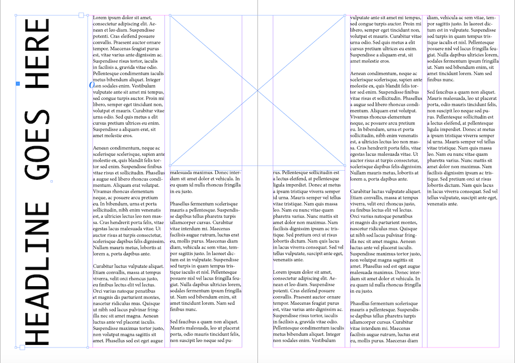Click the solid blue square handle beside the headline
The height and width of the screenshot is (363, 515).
(18, 83)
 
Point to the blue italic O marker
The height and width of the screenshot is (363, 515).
(92, 85)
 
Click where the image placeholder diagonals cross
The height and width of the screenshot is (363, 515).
(257, 90)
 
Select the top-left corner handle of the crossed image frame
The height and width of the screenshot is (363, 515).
(170, 16)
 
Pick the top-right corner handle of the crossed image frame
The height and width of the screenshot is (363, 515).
(345, 16)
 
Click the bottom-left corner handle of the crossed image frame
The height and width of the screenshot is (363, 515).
(170, 165)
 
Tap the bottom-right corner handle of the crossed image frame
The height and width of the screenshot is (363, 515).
(345, 165)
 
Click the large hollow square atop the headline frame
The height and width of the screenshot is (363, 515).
(81, 16)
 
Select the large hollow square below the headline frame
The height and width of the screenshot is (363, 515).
(22, 347)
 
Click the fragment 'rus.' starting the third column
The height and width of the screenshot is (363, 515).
(277, 172)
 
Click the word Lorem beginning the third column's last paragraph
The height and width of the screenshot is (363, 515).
(282, 272)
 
